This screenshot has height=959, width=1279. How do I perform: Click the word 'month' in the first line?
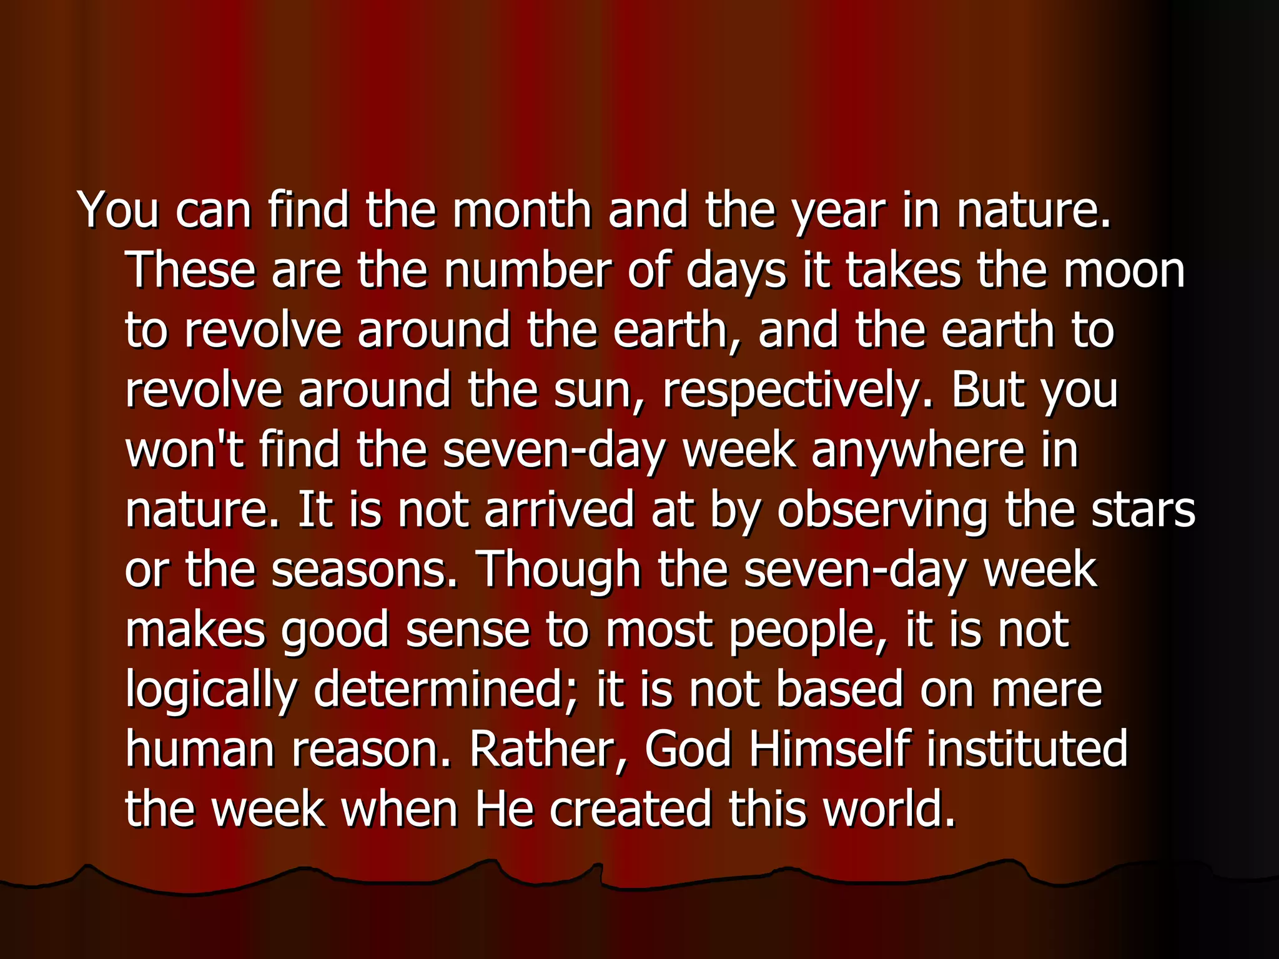[521, 210]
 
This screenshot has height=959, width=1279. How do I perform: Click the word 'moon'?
[1124, 272]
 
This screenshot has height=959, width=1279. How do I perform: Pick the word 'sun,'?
[599, 391]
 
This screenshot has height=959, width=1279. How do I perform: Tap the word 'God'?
[688, 749]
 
